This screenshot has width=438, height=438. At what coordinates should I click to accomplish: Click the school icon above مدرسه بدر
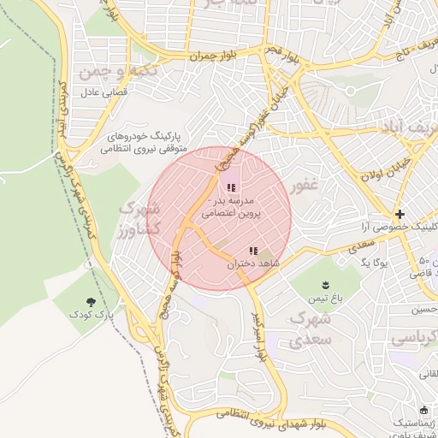coord(230,188)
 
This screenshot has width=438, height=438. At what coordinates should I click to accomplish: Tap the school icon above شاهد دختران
coord(253,251)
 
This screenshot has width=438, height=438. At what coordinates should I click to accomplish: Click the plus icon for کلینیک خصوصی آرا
coord(400,213)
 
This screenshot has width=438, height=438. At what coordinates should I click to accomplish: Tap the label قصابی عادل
coord(104,91)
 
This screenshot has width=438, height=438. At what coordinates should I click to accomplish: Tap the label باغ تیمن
coord(325,299)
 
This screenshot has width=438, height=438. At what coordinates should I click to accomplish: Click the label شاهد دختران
coord(253,265)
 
